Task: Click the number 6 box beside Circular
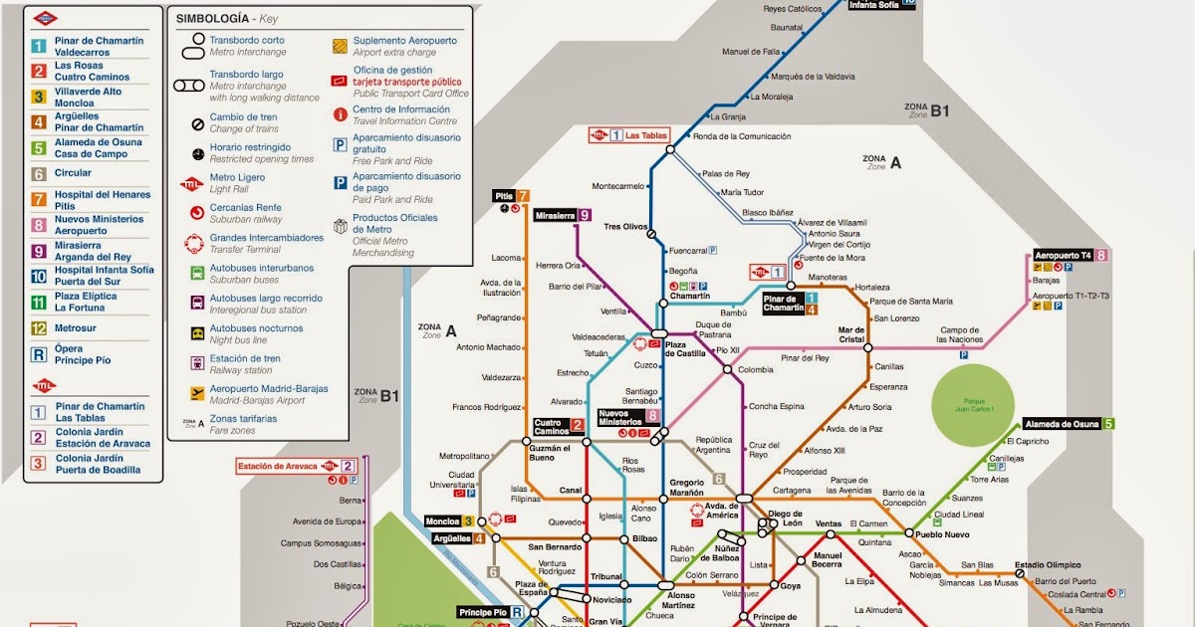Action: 38,173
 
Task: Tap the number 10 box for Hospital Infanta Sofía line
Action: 38,276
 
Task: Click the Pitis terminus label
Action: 504,196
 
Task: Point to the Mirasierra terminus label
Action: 555,215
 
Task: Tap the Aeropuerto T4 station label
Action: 1064,256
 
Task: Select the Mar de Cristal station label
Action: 851,335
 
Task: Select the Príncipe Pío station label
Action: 483,612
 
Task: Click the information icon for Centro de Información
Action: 341,113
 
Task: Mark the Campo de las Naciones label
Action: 961,335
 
